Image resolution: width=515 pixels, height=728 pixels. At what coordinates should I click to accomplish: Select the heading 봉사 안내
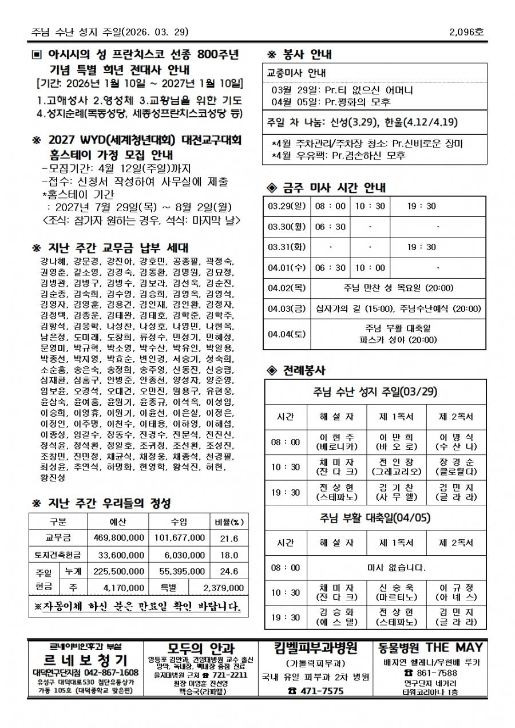pos(307,56)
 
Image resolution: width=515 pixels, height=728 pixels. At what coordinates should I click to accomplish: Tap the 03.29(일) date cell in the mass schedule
pos(287,206)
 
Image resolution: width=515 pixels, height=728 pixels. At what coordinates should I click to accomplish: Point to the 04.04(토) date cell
pos(287,333)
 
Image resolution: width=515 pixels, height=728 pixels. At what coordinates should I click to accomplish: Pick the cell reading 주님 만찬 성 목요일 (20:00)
pos(398,288)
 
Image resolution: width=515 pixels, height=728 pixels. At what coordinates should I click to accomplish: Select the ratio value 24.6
pos(229,571)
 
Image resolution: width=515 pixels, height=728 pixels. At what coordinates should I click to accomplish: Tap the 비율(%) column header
pos(229,522)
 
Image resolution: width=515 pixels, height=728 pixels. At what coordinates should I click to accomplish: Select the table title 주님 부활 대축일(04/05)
pos(375,518)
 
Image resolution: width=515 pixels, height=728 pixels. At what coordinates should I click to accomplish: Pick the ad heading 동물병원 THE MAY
pos(430,648)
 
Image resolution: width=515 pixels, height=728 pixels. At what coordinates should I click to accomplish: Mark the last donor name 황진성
pos(53,477)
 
